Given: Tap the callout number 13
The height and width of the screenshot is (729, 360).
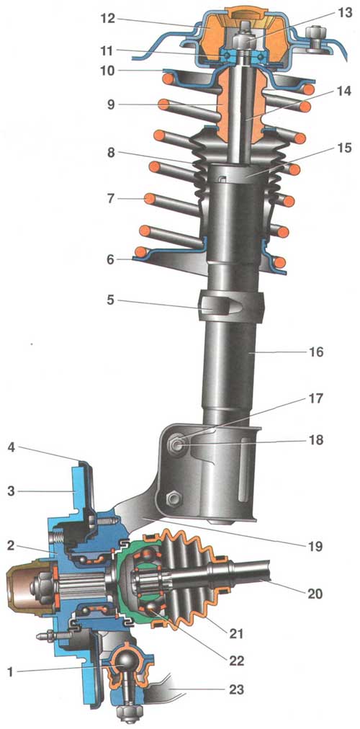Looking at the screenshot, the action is coord(331,13).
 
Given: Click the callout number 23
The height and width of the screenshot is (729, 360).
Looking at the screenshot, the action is coord(236,689).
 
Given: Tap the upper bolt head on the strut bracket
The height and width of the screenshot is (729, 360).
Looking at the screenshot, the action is coord(176,444).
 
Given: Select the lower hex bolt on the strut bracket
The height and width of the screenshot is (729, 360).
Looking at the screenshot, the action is coord(171,499).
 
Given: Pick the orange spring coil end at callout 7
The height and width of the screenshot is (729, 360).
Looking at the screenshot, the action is coord(150,200).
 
